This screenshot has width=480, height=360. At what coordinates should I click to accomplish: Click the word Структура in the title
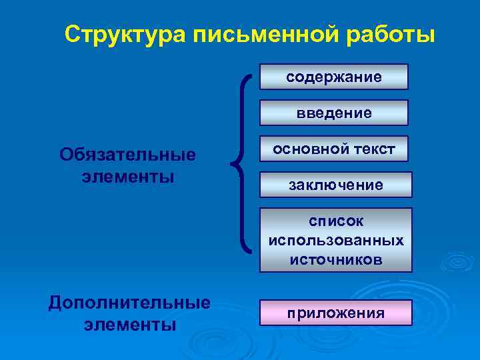(126, 34)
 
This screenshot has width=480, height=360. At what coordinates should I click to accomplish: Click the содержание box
(333, 77)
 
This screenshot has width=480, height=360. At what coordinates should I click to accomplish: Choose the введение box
(333, 113)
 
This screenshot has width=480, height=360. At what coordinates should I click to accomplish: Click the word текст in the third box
(373, 149)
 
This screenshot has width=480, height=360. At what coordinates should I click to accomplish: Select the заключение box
(335, 185)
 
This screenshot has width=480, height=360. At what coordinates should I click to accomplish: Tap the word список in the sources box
(335, 221)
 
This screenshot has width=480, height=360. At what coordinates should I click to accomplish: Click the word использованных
(335, 240)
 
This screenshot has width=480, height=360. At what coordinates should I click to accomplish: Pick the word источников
(335, 259)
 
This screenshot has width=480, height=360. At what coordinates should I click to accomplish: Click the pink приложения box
(335, 313)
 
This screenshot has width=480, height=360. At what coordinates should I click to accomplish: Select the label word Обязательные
(128, 155)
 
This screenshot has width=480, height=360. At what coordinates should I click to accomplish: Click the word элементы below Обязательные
(128, 177)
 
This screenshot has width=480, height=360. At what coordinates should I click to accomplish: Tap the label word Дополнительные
(129, 303)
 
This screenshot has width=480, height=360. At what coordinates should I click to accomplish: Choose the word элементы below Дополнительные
(129, 325)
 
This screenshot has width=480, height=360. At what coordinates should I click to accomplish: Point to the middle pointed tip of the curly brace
(231, 163)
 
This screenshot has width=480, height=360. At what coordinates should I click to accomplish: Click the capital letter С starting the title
(73, 34)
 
